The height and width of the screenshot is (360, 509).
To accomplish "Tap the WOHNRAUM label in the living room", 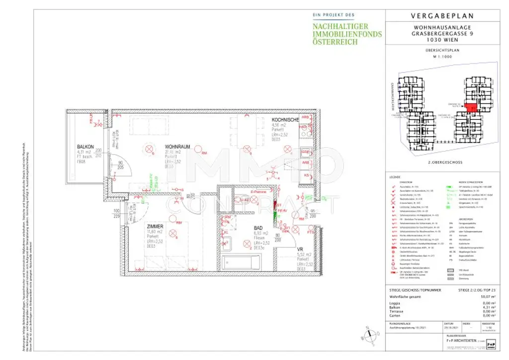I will pos(176,147).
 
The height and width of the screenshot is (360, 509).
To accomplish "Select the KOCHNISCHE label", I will pos(285,120).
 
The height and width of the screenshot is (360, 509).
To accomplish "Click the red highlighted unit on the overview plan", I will pos(470,106).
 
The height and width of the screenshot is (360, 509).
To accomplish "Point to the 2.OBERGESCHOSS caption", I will pos(445,163).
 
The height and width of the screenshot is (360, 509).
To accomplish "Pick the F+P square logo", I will pos(491,344).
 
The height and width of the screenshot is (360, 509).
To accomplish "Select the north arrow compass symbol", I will pos(368,336).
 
